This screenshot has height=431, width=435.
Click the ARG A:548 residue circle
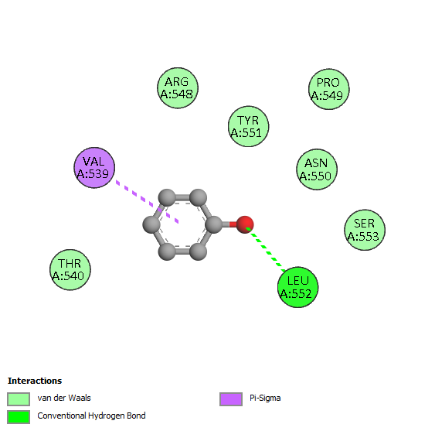[x=178, y=87]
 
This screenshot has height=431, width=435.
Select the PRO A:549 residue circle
[x=329, y=89]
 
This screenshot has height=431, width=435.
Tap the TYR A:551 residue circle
[x=248, y=126]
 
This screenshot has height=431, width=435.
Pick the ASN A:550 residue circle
[x=317, y=169]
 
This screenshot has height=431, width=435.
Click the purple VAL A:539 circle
[x=94, y=168]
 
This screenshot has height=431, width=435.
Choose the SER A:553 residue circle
[x=365, y=230]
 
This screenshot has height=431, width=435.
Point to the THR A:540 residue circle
[x=70, y=269]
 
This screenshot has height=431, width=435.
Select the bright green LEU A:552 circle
[x=298, y=287]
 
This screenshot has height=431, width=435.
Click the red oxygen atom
[x=245, y=224]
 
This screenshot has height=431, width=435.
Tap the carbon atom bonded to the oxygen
[x=214, y=224]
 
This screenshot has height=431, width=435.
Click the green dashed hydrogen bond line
[x=266, y=249]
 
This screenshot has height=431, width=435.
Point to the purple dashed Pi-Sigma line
[x=148, y=202]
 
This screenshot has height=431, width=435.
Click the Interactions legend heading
[x=35, y=381]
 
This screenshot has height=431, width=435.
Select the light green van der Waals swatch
[x=19, y=399]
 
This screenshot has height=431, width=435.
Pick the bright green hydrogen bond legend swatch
[x=19, y=417]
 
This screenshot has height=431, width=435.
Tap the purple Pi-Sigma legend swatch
[x=231, y=399]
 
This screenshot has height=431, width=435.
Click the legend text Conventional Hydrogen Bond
[x=91, y=416]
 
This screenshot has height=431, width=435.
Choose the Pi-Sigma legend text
[x=265, y=398]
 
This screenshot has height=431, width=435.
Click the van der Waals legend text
[x=64, y=398]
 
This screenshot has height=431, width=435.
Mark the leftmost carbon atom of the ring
[x=151, y=224]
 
